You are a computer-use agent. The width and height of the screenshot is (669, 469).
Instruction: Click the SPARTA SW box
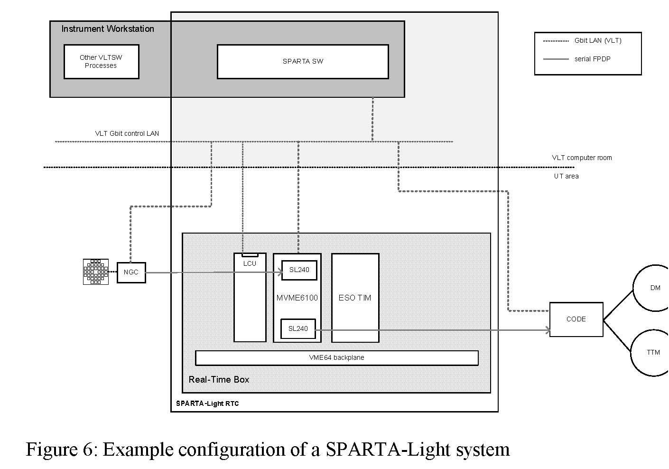(303, 62)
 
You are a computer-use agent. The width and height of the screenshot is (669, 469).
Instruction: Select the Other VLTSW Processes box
(101, 62)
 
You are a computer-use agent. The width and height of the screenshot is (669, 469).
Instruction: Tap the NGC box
(131, 272)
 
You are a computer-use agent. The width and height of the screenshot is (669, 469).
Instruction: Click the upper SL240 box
(299, 270)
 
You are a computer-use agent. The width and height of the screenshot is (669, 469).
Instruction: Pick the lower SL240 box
(298, 328)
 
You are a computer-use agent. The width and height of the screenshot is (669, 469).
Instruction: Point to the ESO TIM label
(355, 298)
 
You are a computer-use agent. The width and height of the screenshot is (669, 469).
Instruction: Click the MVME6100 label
(297, 298)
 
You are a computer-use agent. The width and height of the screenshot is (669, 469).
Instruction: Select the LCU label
(250, 263)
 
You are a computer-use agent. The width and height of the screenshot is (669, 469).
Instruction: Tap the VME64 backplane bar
(336, 358)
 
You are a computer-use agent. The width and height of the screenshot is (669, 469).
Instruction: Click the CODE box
(576, 319)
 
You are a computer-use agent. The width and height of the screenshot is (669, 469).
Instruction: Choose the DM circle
(654, 288)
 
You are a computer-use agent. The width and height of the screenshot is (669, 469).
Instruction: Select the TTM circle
(653, 353)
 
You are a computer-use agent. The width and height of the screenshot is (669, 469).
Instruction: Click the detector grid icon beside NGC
(96, 272)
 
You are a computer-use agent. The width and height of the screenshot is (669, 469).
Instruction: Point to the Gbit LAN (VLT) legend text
(598, 40)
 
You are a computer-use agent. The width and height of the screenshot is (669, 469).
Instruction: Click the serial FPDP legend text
(592, 59)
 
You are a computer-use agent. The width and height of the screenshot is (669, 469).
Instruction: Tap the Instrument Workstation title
(108, 29)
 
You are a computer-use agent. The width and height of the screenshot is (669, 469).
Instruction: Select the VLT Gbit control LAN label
(127, 133)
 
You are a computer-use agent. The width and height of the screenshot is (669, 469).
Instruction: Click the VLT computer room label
(582, 158)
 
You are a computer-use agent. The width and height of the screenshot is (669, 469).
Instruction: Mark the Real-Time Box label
(219, 380)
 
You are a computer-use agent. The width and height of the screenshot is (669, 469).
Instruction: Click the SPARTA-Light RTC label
(207, 404)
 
